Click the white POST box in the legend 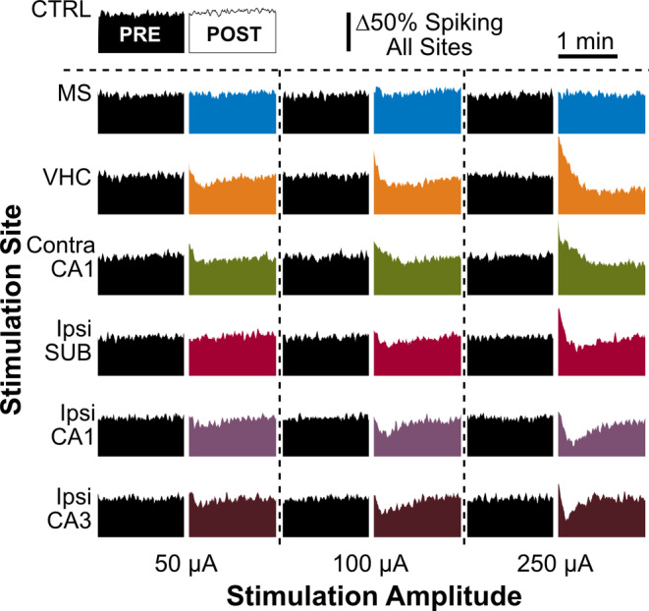232,35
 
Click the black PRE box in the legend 140,35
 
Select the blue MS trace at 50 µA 232,114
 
